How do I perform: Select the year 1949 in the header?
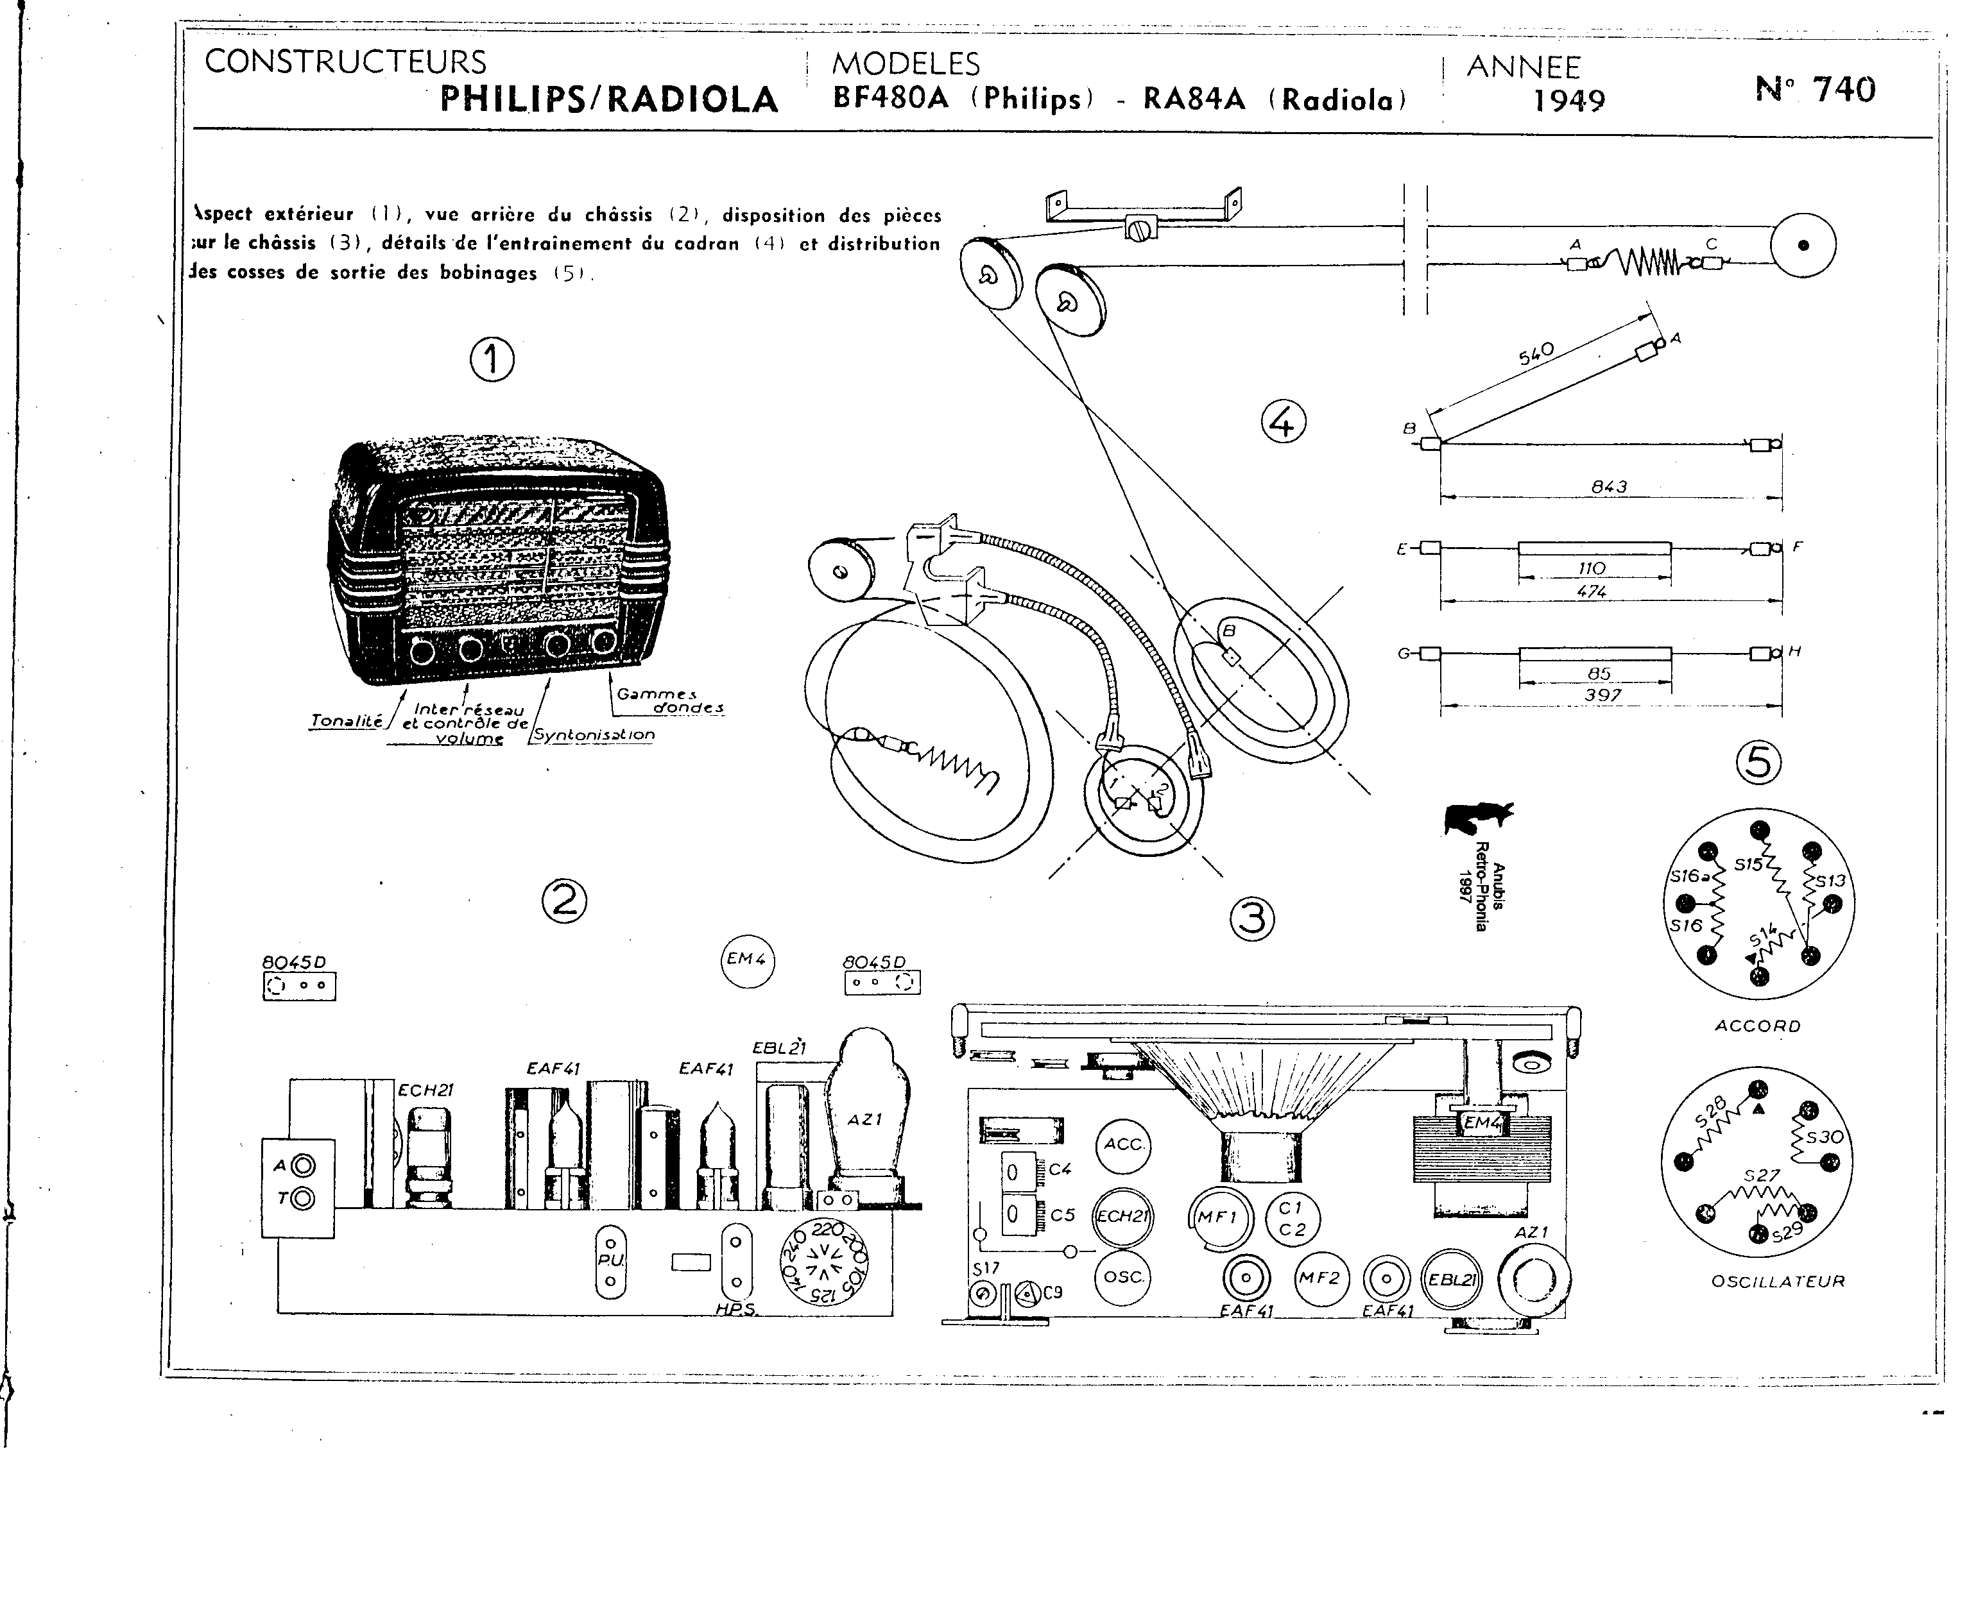[1568, 99]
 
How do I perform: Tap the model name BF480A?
[890, 97]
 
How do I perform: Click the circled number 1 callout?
[492, 359]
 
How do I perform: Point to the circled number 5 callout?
[1758, 763]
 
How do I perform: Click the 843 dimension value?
[1609, 486]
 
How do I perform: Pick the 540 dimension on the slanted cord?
[1536, 353]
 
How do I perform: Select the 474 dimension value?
[1592, 591]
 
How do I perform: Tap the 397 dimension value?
[1602, 695]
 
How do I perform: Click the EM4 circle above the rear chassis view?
[746, 959]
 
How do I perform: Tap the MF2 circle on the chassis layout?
[1319, 1278]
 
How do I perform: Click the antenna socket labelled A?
[302, 1165]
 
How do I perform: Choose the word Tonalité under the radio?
[346, 721]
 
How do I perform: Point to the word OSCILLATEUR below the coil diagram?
[1778, 1282]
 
